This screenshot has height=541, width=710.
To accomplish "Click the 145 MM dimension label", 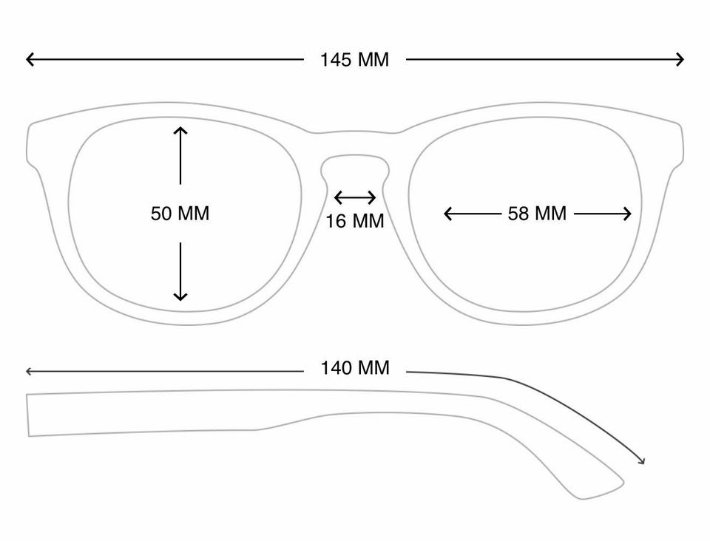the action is click(x=354, y=60).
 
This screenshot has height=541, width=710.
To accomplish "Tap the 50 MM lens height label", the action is click(x=180, y=214).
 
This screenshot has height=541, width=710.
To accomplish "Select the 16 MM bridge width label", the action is click(x=354, y=221).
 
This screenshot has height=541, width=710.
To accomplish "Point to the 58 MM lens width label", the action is click(x=537, y=214).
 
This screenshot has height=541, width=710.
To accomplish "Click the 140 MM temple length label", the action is click(x=354, y=368).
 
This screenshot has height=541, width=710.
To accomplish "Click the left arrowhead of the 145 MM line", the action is click(x=30, y=59).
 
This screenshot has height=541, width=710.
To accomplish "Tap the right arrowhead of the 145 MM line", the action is click(x=680, y=59).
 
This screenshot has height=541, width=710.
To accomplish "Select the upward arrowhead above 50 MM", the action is click(x=180, y=130).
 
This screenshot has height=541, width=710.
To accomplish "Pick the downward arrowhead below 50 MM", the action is click(x=180, y=296).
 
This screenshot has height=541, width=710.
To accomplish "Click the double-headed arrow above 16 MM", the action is click(x=355, y=197).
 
